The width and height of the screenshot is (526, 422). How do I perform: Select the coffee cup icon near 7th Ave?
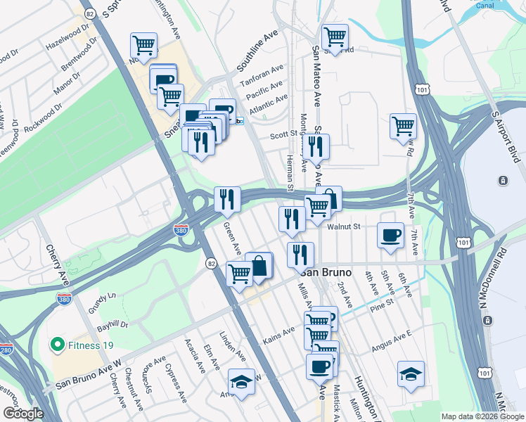click(x=390, y=235)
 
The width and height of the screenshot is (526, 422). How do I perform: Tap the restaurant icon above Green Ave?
click(x=226, y=199)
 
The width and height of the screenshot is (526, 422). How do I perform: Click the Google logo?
click(x=23, y=413)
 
